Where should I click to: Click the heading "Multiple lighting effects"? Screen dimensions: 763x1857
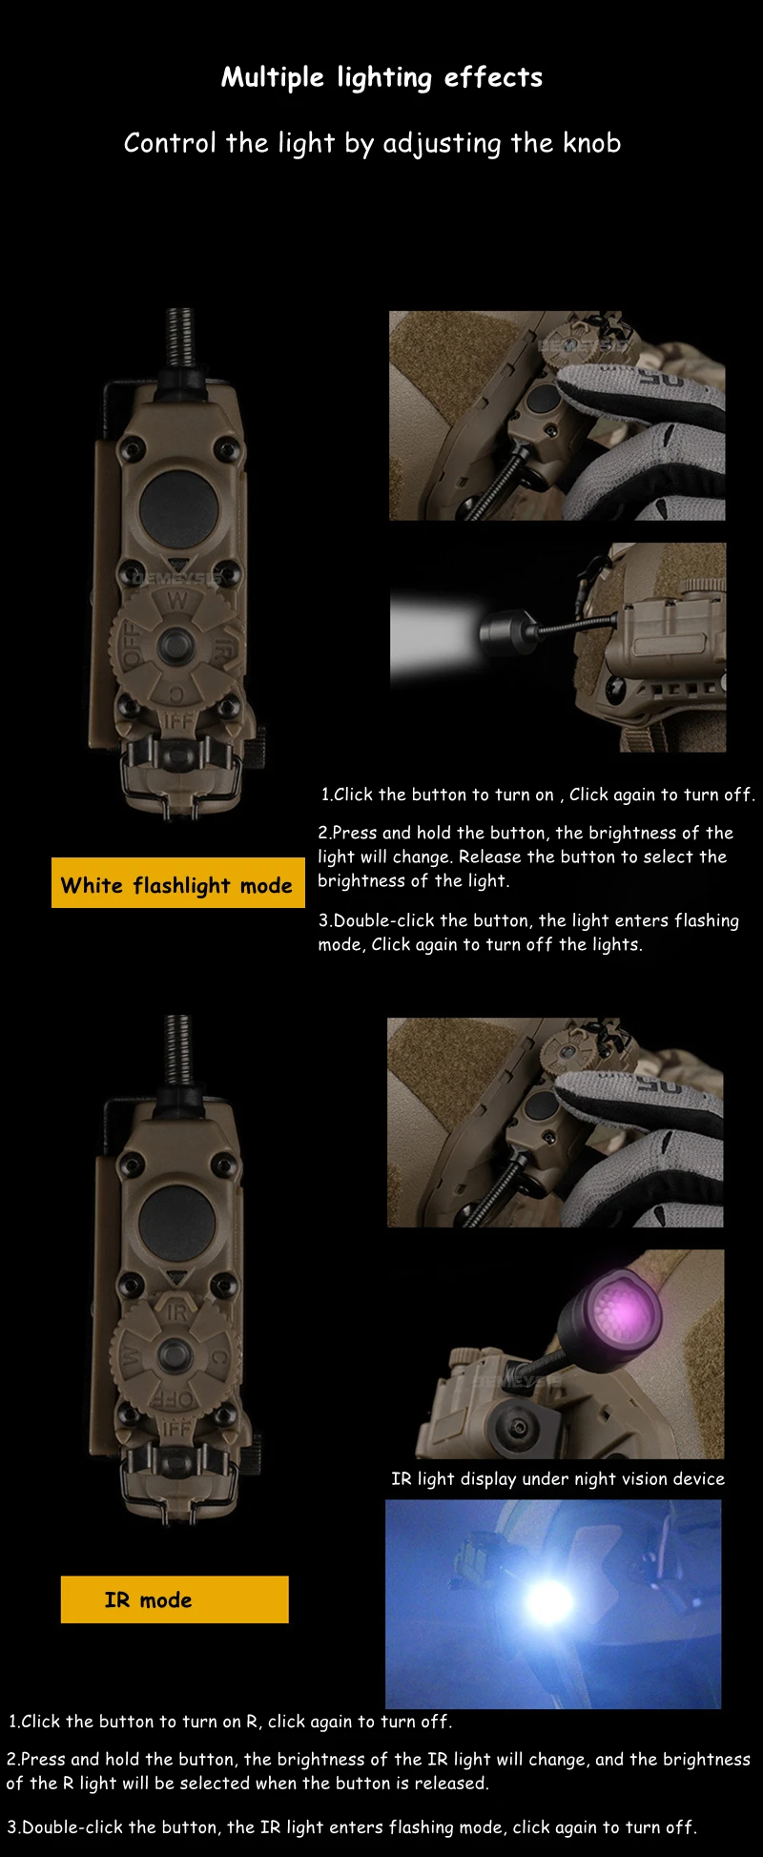point(381,77)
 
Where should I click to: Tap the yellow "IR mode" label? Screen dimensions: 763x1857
point(175,1599)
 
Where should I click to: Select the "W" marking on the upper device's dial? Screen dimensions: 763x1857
point(177,601)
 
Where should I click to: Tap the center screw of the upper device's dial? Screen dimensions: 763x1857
point(175,646)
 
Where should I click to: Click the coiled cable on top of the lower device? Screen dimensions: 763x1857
point(178,1049)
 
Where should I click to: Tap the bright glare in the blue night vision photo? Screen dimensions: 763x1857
point(549,1601)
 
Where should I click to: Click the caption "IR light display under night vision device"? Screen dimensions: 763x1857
point(558,1478)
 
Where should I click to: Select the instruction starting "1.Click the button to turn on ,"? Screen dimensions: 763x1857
point(538,794)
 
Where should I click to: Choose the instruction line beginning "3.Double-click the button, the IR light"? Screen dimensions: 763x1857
point(352,1826)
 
